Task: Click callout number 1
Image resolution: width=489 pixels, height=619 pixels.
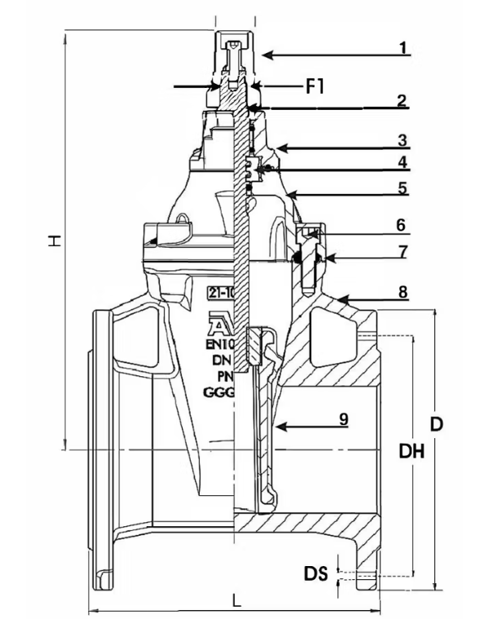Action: [402, 47]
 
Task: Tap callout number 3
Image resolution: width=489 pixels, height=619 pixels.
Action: [402, 140]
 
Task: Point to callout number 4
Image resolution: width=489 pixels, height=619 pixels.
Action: [402, 162]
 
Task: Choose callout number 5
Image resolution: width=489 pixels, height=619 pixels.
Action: [402, 187]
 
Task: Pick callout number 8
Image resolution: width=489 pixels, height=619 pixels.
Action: [402, 291]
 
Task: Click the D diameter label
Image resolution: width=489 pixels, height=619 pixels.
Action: [436, 424]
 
